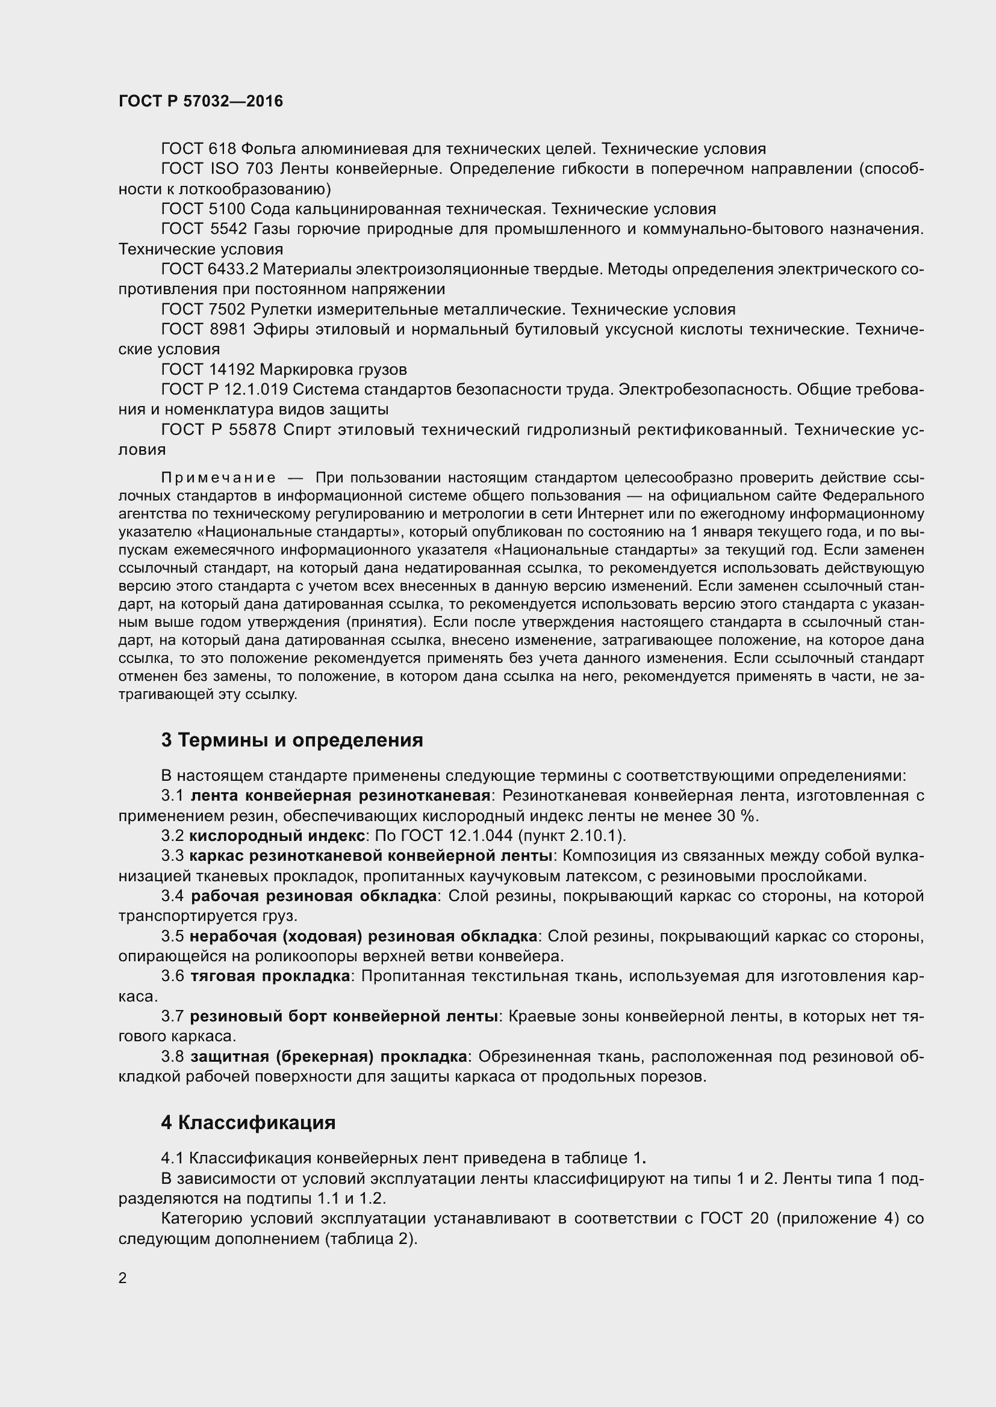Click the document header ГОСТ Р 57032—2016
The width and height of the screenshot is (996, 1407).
(x=201, y=102)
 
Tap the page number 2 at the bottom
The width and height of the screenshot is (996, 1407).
(x=123, y=1278)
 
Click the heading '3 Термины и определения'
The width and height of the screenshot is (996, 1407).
(x=292, y=740)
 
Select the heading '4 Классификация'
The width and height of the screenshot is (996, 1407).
(x=247, y=1122)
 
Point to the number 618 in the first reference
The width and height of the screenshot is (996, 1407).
(x=223, y=149)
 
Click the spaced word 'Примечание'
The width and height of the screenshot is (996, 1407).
(x=218, y=478)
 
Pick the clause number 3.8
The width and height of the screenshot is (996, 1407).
(x=172, y=1056)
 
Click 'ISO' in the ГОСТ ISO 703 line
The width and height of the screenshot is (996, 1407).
(x=223, y=168)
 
